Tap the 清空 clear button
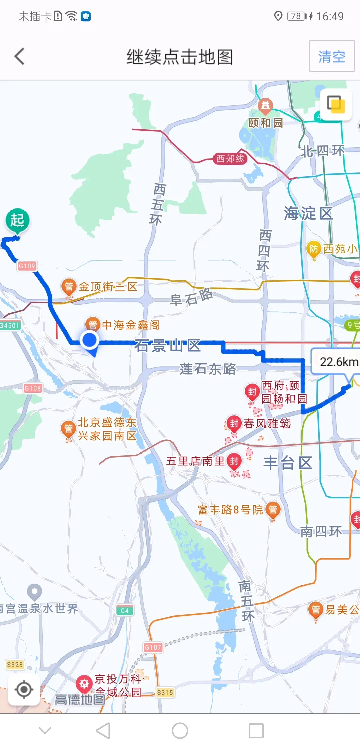332,56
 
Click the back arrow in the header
20,56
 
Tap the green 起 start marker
18,220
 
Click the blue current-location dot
90,340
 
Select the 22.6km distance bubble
337,362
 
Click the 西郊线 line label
230,159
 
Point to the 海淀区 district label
308,213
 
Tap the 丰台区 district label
288,463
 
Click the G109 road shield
27,266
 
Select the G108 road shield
33,388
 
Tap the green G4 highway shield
125,611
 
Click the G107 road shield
153,647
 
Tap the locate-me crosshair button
24,689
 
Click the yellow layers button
336,104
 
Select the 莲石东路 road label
208,369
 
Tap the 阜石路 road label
191,297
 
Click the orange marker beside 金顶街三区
69,287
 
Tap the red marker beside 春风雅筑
234,424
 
